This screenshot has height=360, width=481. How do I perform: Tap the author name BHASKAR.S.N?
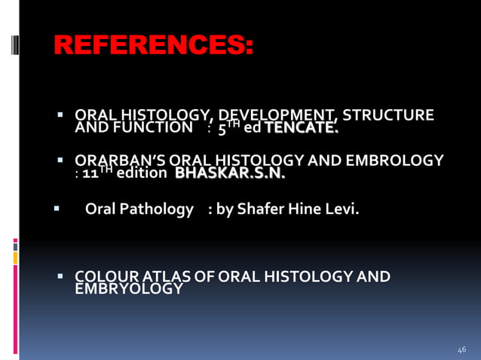coord(230,174)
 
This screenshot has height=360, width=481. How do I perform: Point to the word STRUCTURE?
coord(389,116)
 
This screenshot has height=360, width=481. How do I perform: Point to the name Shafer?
coord(262,209)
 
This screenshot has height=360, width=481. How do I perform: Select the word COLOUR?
coord(102,277)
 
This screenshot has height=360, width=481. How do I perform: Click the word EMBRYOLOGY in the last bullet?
coord(128,289)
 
